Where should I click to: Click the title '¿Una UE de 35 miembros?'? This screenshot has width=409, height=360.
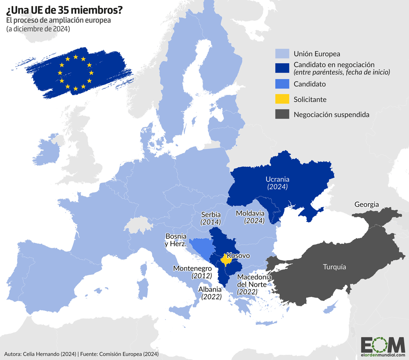tap(64, 10)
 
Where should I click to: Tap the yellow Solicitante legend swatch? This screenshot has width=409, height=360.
tap(282, 99)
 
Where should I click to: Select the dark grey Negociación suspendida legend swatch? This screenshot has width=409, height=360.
tap(282, 114)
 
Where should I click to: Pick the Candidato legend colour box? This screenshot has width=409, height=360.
tap(282, 84)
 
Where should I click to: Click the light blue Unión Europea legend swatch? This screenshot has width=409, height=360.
tap(282, 54)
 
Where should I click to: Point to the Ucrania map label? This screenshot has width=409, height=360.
tap(277, 179)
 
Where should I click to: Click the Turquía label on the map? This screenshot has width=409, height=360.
tap(334, 267)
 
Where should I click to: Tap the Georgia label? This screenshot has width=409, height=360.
tap(367, 204)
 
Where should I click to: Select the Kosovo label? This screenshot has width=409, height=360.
tap(238, 255)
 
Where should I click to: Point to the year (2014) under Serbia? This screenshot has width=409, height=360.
tap(211, 222)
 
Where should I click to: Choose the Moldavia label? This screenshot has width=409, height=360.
tap(250, 213)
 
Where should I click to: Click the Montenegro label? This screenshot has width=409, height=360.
tap(192, 268)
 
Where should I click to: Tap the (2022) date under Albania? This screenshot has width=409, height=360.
tap(211, 296)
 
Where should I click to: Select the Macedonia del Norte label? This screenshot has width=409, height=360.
tap(254, 280)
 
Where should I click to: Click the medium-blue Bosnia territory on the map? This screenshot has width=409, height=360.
tap(200, 246)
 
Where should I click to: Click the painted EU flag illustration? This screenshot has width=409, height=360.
tap(76, 73)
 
